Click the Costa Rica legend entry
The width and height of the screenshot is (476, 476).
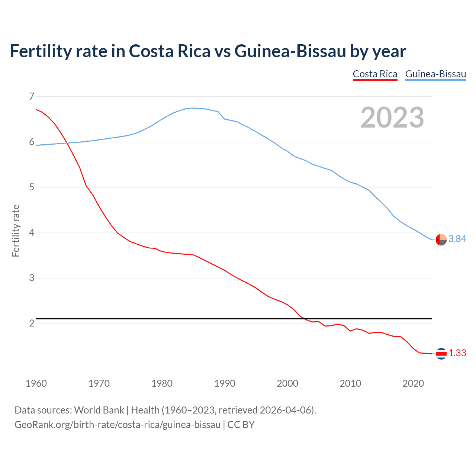pyautogui.click(x=375, y=74)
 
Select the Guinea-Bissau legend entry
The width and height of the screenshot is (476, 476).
pyautogui.click(x=435, y=74)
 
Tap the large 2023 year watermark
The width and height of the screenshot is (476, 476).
pyautogui.click(x=392, y=118)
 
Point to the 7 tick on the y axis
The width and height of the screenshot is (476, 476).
pyautogui.click(x=32, y=97)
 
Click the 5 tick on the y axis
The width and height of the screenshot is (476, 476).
pyautogui.click(x=32, y=187)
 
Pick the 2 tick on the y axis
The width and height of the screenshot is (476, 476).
pyautogui.click(x=32, y=324)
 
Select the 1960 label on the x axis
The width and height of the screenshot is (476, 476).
pyautogui.click(x=36, y=383)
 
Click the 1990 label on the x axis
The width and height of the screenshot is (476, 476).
pyautogui.click(x=225, y=383)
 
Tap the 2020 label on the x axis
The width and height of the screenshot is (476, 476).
pyautogui.click(x=413, y=383)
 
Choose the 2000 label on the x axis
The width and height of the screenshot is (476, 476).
pyautogui.click(x=287, y=383)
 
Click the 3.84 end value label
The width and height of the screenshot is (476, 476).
pyautogui.click(x=457, y=239)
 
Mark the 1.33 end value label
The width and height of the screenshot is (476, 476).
pyautogui.click(x=457, y=353)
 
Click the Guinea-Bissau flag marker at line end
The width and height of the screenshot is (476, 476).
pyautogui.click(x=441, y=240)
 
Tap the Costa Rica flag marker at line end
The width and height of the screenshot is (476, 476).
pyautogui.click(x=441, y=354)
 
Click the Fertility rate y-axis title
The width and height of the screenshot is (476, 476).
pyautogui.click(x=16, y=231)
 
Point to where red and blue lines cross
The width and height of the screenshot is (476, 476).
pyautogui.click(x=67, y=143)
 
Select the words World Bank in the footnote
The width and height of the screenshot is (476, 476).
pyautogui.click(x=99, y=410)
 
